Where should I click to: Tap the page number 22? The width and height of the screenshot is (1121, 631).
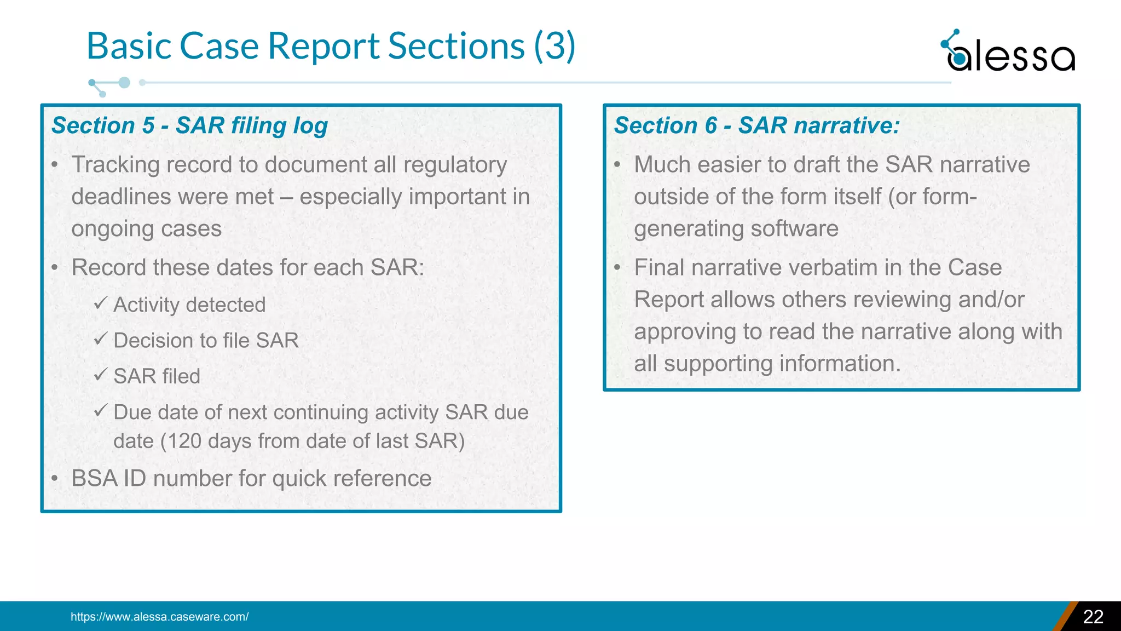[x=1093, y=617]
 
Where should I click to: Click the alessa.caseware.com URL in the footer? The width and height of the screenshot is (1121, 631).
[x=159, y=617]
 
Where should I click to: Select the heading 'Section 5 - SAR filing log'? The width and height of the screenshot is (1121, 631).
[x=189, y=125]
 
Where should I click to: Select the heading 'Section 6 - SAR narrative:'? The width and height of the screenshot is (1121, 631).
[x=756, y=125]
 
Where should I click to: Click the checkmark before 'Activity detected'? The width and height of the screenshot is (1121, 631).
[x=100, y=303]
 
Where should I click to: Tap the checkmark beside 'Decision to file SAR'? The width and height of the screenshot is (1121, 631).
[x=100, y=339]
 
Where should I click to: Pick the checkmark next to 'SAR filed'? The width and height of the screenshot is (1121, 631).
[x=100, y=375]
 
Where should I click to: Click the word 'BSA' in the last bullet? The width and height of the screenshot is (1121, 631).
[x=94, y=479]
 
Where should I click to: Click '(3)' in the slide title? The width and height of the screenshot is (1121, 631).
[x=554, y=46]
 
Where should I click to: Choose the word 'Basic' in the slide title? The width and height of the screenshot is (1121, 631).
[x=130, y=46]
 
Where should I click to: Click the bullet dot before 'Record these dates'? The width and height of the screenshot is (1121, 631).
[x=55, y=268]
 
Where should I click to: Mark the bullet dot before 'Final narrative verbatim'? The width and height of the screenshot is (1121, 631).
[x=617, y=268]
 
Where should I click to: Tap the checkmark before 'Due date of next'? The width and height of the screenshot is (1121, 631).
[x=100, y=411]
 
